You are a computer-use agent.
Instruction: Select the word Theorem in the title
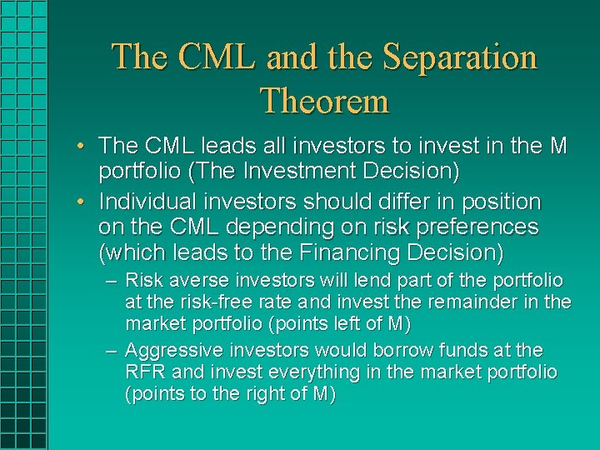click(325, 102)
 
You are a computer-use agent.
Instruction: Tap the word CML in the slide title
click(221, 57)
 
